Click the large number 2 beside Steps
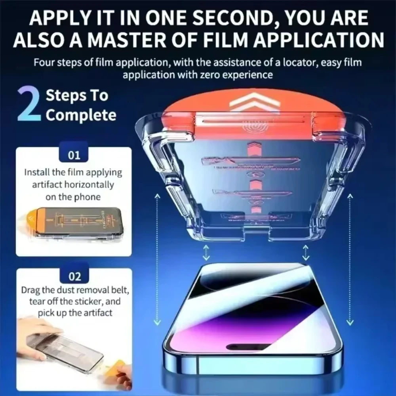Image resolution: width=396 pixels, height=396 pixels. (29, 105)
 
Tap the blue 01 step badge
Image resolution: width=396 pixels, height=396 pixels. (74, 155)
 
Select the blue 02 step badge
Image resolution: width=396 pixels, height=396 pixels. (74, 276)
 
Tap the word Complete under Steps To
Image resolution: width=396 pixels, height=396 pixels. (81, 115)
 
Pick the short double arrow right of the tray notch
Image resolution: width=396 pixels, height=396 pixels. (306, 251)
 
